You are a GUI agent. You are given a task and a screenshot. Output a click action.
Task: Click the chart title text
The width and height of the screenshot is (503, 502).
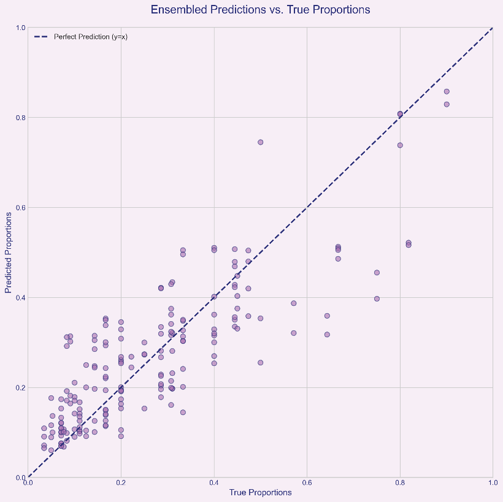tap(260, 10)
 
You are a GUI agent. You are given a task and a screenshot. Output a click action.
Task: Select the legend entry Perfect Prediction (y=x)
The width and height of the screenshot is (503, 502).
tap(91, 37)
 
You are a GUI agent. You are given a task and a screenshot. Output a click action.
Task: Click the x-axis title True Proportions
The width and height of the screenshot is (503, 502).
tap(260, 492)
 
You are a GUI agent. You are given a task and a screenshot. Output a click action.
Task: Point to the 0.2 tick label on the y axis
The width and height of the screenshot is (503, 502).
tap(20, 387)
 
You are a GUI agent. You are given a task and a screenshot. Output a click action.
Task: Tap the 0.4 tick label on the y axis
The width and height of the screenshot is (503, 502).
tap(20, 297)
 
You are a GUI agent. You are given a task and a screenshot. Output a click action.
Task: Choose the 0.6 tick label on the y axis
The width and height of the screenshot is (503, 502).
tap(20, 207)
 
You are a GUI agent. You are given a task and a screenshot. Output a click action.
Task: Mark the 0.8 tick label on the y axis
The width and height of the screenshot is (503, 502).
tap(20, 117)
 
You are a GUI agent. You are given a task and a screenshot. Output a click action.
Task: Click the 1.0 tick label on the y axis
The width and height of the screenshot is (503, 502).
tap(20, 28)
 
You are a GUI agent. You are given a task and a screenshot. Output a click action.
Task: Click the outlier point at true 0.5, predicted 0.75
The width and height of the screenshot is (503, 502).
tap(260, 142)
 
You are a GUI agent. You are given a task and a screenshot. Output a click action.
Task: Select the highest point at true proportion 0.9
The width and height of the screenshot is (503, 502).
tap(447, 91)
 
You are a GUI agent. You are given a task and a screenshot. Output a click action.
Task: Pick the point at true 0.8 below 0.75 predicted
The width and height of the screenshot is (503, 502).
tap(400, 145)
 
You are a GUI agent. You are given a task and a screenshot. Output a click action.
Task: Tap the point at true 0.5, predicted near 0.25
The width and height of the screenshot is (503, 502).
tap(260, 362)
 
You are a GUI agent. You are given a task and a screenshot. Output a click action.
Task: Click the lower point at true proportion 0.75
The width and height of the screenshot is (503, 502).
tap(377, 299)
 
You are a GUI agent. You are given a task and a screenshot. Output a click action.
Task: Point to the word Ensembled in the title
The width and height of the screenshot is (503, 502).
tap(177, 10)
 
